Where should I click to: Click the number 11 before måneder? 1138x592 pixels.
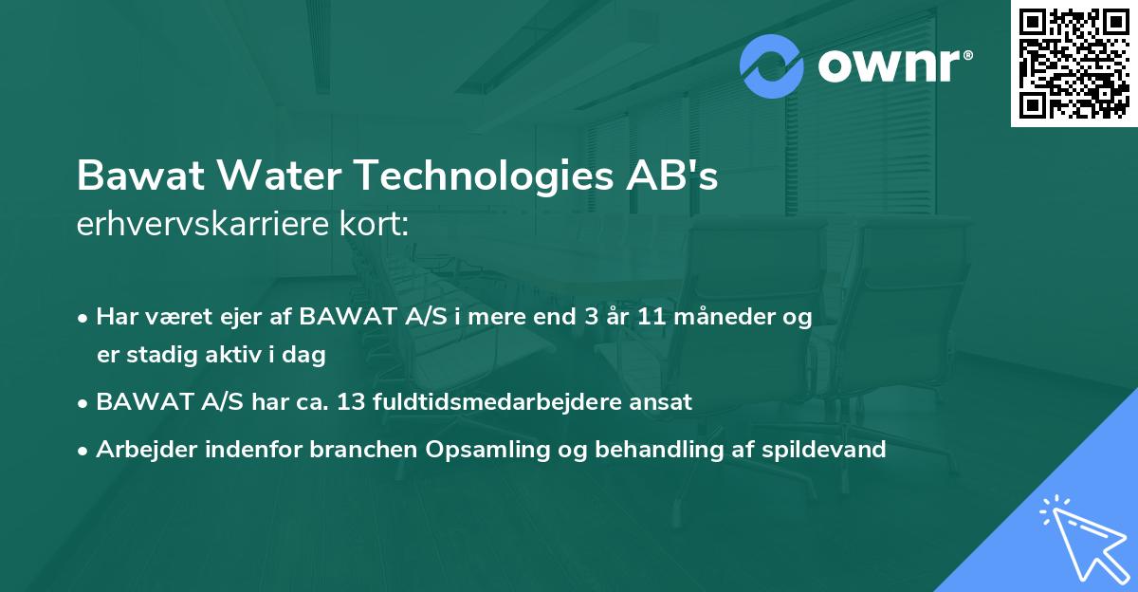pos(651,317)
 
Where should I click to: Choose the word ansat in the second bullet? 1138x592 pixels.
pos(664,402)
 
